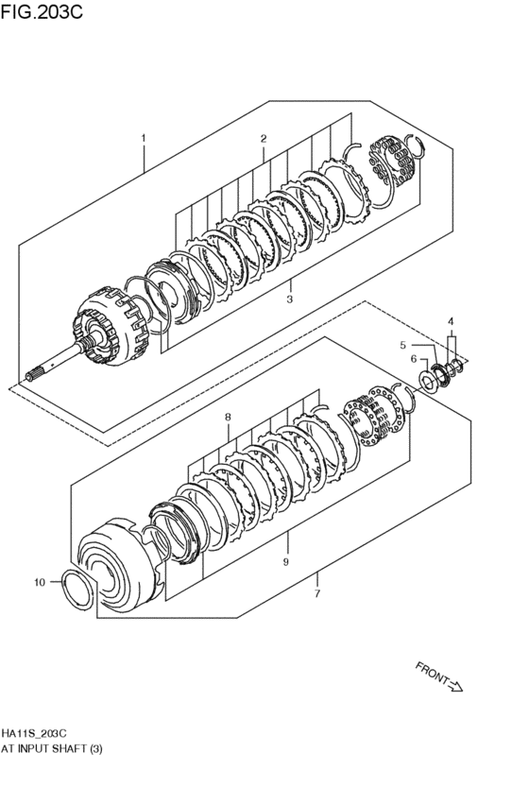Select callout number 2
264,138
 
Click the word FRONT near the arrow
432,673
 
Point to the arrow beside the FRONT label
454,685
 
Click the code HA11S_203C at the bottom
34,733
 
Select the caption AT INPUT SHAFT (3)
51,748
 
